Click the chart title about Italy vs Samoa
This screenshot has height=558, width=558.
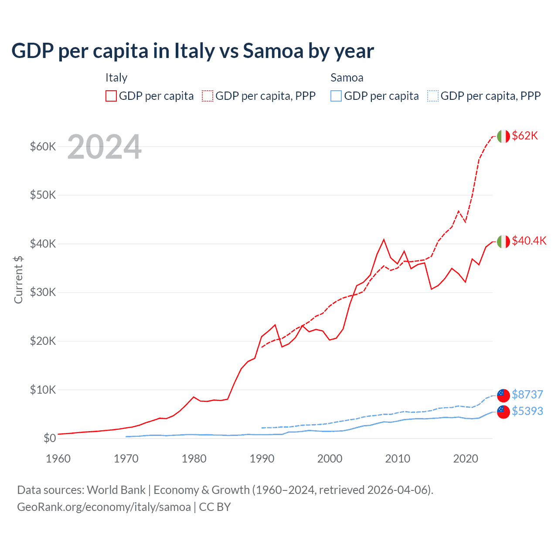coord(192,51)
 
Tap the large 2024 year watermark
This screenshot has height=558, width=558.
coord(104,147)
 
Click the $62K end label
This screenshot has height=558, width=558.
coord(525,136)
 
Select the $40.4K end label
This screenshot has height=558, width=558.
coord(529,241)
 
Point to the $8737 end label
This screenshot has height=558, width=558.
coord(527,395)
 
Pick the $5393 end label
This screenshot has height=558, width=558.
coord(527,411)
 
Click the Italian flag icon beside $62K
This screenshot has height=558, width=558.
coord(503,136)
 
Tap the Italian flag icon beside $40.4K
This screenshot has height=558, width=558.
coord(503,241)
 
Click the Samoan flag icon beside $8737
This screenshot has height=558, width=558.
coord(503,395)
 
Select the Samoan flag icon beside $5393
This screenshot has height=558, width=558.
coord(503,412)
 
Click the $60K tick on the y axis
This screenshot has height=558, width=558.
coord(43,146)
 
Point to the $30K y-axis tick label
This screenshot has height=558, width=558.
coord(43,293)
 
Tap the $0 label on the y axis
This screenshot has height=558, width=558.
coord(49,439)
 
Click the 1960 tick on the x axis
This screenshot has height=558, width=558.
coord(58,459)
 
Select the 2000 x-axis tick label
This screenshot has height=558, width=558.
coord(330,459)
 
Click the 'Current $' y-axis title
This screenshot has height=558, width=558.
coord(18,280)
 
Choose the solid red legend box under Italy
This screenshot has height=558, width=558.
coord(111,96)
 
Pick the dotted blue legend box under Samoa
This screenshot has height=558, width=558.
coord(433,96)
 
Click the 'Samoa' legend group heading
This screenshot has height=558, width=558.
coord(347,78)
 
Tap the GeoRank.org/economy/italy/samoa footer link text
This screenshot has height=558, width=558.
coord(104,507)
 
